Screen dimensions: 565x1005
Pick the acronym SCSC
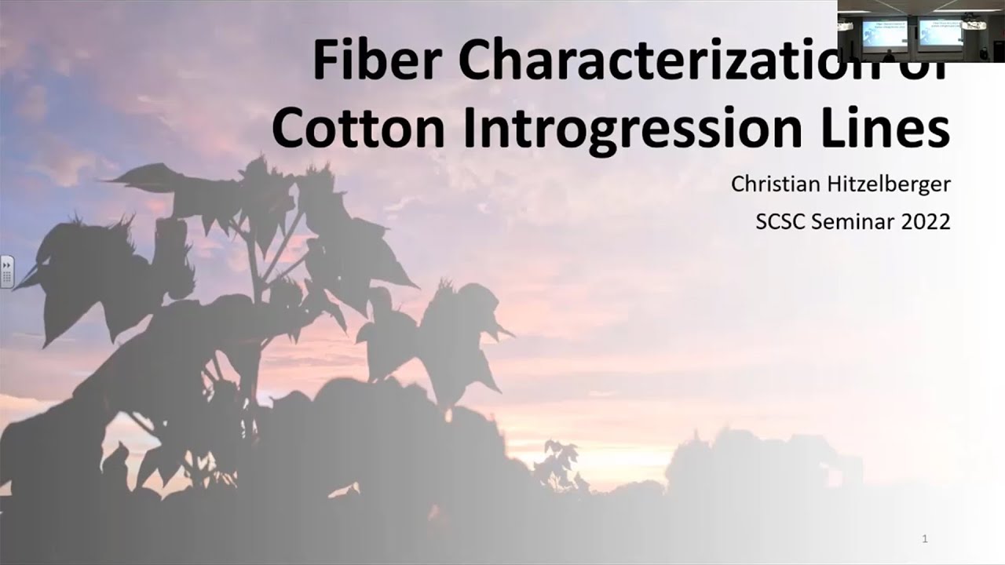point(780,222)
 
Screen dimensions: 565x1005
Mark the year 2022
point(926,222)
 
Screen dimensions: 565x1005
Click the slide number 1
point(926,539)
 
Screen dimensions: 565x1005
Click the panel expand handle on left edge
point(6,272)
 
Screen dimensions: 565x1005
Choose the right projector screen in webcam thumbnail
point(941,32)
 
